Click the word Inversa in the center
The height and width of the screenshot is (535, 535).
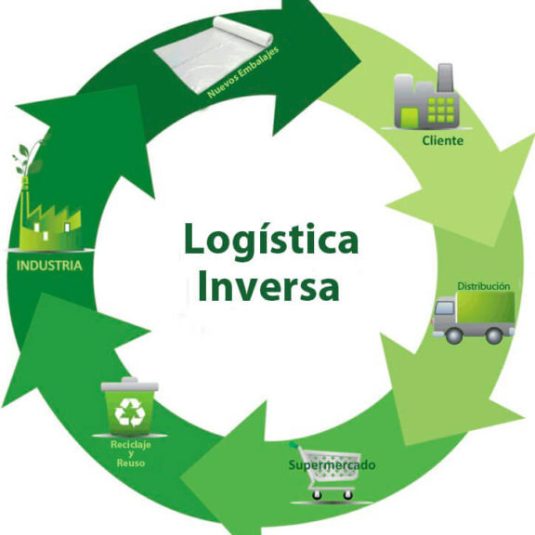coord(268,285)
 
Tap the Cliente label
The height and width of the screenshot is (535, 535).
coord(442,140)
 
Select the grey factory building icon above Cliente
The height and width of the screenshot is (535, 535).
coord(426,97)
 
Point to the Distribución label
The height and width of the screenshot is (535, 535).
coord(484,286)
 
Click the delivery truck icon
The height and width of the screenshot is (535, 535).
coord(474,318)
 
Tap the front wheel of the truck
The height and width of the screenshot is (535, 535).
coord(454,335)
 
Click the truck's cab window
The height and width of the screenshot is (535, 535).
coord(445,307)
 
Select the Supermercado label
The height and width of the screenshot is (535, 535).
coord(332,464)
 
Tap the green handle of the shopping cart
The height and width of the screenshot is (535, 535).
coord(294,445)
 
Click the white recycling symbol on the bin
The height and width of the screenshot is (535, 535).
coord(130,412)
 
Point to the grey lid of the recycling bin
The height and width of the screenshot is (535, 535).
coord(130,385)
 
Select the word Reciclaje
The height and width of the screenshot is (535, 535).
coord(131,445)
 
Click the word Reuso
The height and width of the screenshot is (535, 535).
coord(131,463)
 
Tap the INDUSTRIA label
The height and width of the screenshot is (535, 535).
coord(49,266)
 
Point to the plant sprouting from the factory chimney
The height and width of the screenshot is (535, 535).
coord(30,157)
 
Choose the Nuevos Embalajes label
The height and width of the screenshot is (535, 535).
coord(243,72)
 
